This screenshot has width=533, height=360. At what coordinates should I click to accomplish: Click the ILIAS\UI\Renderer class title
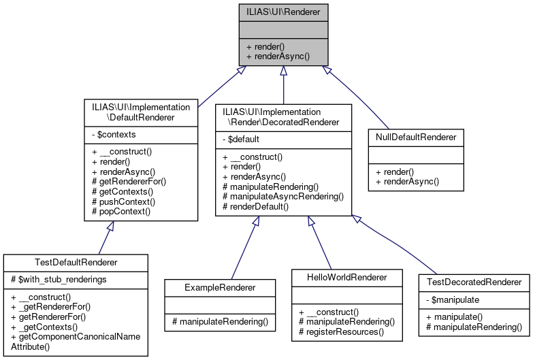pyautogui.click(x=283, y=12)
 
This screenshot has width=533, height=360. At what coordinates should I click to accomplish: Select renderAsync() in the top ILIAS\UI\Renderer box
pyautogui.click(x=278, y=56)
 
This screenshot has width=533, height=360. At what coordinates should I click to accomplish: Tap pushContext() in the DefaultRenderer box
pyautogui.click(x=123, y=201)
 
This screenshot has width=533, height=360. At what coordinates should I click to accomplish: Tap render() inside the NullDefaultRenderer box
pyautogui.click(x=396, y=171)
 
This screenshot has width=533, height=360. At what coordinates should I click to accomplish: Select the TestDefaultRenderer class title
pyautogui.click(x=76, y=263)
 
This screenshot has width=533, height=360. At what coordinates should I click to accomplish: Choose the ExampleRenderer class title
pyautogui.click(x=221, y=288)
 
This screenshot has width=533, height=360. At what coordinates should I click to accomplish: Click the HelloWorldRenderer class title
pyautogui.click(x=348, y=277)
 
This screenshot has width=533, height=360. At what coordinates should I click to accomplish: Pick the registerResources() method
pyautogui.click(x=342, y=332)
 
